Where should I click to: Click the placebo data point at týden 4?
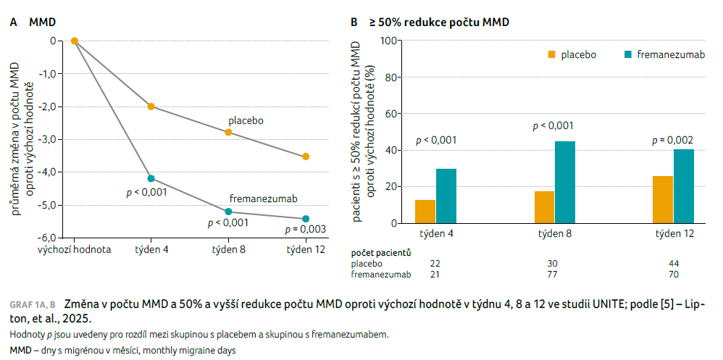(x=151, y=106)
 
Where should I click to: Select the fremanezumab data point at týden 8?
(x=228, y=212)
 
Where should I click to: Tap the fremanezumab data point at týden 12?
(x=306, y=219)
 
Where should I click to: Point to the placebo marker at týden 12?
(x=306, y=156)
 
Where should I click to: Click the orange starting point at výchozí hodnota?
(x=74, y=41)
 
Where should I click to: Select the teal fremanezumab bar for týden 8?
(x=565, y=182)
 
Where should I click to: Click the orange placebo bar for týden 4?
(x=425, y=212)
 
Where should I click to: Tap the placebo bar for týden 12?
(x=663, y=199)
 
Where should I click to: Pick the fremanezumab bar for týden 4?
(x=446, y=196)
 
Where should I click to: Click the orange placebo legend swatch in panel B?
(x=551, y=54)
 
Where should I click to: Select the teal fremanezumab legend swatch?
(x=627, y=54)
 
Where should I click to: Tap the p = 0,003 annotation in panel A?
(x=306, y=230)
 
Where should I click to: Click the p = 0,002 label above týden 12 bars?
(x=673, y=140)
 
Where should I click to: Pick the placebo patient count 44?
(x=673, y=264)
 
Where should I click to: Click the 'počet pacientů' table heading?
(x=381, y=252)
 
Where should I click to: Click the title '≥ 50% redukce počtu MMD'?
(x=440, y=22)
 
